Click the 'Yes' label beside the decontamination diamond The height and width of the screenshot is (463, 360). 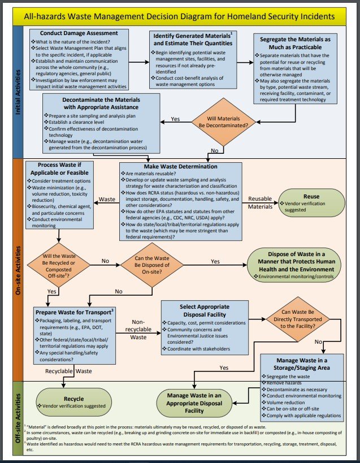[x=176, y=119]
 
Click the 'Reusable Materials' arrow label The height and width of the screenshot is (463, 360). [x=261, y=203]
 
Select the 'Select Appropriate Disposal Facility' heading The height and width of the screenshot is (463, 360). [x=205, y=310]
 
